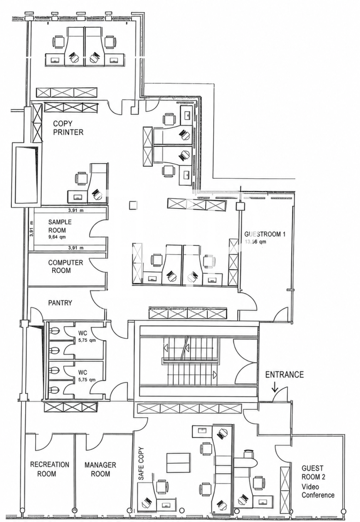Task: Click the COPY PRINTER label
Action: pos(68,128)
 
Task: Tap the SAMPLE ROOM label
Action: pos(60,226)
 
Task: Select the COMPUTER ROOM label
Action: pos(65,266)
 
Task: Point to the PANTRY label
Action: pos(60,303)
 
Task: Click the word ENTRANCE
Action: pos(284,375)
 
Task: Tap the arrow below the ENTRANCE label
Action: pos(275,387)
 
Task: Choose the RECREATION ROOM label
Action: pos(50,469)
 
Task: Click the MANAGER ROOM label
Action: pos(100,469)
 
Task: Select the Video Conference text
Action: pos(318,491)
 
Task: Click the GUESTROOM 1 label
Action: pos(264,234)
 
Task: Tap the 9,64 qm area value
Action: pos(57,237)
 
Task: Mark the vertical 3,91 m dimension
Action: pos(31,228)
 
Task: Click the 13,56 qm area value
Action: pos(255,242)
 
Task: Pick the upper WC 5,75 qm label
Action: pos(87,336)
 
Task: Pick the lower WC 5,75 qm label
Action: pos(87,376)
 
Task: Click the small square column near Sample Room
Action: pos(133,205)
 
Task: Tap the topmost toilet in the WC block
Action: pos(54,331)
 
